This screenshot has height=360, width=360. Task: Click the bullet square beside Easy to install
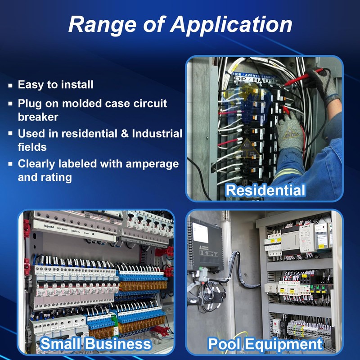pos(10,85)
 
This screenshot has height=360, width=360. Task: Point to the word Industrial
pos(157,134)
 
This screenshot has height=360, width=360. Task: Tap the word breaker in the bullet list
pos(38,117)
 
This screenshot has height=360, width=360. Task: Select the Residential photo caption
pos(265,190)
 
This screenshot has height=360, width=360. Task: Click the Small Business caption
pos(96,344)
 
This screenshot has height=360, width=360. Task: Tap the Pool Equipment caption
pos(265,344)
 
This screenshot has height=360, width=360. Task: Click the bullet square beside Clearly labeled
pos(10,164)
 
